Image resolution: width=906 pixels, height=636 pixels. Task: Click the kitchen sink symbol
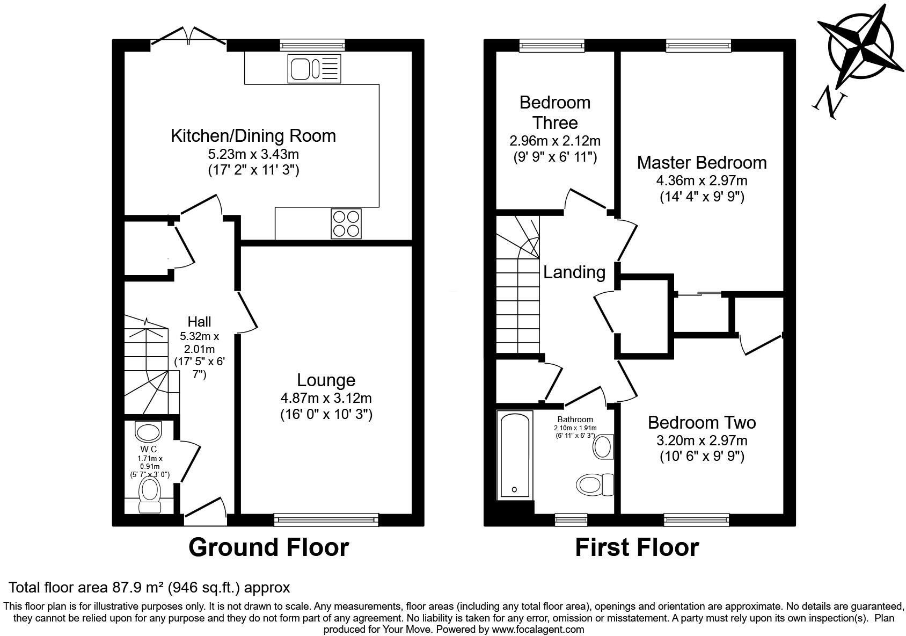pos(314,68)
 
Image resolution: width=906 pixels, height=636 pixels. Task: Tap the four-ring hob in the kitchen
pos(346,223)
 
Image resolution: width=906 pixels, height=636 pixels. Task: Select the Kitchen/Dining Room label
pos(253,135)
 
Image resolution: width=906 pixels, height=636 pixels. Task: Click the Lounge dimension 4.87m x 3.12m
pos(326,398)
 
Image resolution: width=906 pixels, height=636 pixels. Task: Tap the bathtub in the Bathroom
pos(515,454)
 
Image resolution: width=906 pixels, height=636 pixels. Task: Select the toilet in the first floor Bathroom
pos(595,484)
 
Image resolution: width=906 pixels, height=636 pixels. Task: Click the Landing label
pos(574,272)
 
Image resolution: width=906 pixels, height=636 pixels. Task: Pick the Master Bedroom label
pos(702,162)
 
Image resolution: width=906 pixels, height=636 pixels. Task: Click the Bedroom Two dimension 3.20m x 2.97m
pos(702,441)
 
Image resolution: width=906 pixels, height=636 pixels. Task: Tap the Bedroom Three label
pos(555,112)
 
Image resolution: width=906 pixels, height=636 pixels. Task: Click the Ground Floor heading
pos(268,547)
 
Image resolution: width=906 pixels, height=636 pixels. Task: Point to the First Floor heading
pos(637,547)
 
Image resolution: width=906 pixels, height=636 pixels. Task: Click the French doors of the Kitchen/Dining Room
pos(188,39)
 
